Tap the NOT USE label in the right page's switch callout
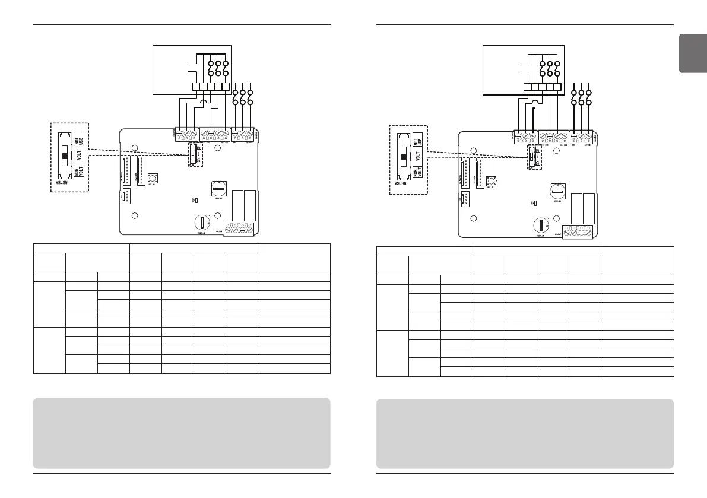point(419,140)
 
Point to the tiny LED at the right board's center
point(535,204)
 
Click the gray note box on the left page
point(182,433)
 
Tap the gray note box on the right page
point(525,433)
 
